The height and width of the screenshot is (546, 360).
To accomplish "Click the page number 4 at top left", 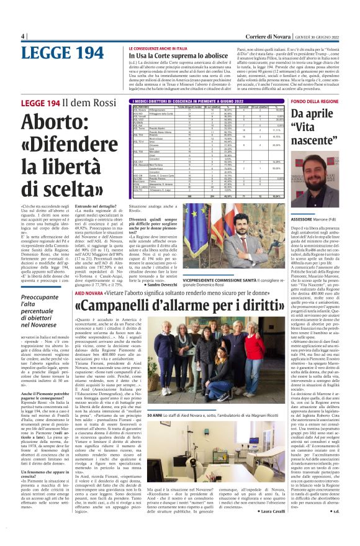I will coord(22,35).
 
